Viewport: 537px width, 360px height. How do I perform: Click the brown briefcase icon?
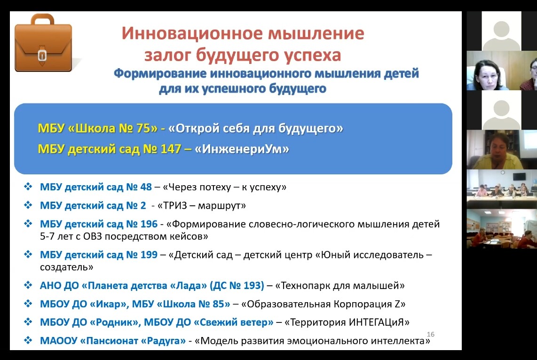pos(43,43)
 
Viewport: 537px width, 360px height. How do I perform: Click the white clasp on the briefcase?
pos(42,55)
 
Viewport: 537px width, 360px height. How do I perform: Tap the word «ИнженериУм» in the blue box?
pos(242,149)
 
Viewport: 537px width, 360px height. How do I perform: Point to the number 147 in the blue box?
pos(171,149)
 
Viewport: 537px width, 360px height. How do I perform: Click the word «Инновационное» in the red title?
pos(192,33)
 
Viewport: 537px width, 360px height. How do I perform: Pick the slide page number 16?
pos(430,334)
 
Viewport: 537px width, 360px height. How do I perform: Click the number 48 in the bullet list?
pos(146,187)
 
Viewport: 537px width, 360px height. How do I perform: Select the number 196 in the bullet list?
pos(149,224)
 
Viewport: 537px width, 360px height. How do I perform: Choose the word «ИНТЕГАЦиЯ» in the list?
pos(379,322)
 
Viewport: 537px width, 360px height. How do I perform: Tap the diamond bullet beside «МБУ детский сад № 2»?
pos(28,205)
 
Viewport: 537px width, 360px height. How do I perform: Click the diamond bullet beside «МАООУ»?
pos(28,340)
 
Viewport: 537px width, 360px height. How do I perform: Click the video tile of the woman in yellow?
pos(502,149)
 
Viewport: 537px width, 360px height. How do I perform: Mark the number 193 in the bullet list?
pos(253,286)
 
